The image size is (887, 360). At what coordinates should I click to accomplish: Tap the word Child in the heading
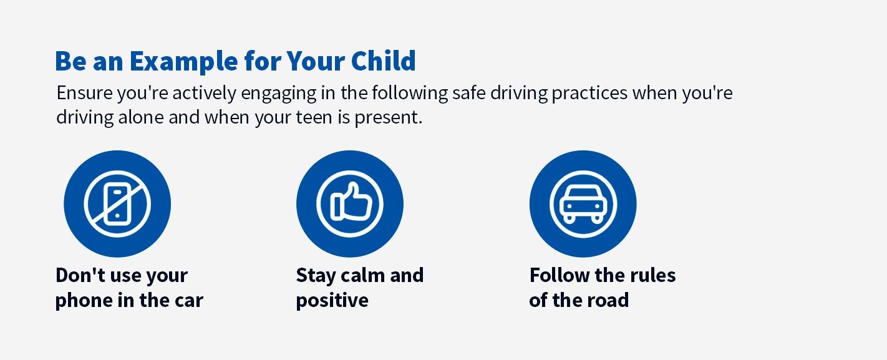tap(384, 61)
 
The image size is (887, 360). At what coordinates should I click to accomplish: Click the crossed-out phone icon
tap(117, 204)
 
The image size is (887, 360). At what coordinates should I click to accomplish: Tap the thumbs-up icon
tap(350, 204)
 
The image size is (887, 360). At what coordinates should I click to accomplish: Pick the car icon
tap(583, 204)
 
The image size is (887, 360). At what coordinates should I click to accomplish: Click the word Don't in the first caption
tap(80, 275)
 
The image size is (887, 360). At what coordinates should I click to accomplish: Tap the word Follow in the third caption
tap(555, 275)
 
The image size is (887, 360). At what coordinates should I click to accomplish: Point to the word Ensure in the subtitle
tap(84, 93)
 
